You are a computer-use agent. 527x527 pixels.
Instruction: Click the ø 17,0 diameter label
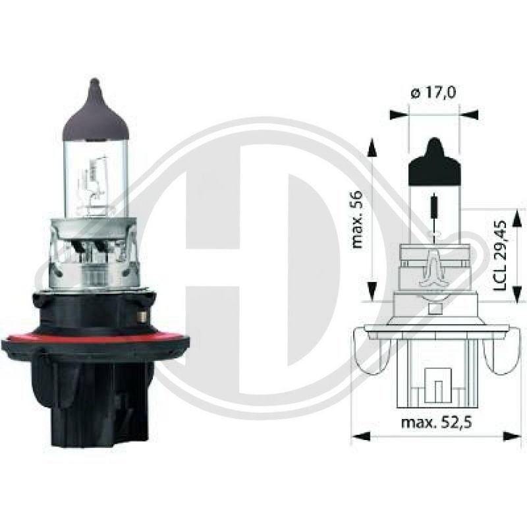click(433, 94)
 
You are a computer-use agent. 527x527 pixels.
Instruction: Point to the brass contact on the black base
click(140, 317)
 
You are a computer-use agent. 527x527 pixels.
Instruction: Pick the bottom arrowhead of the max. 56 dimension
click(372, 290)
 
